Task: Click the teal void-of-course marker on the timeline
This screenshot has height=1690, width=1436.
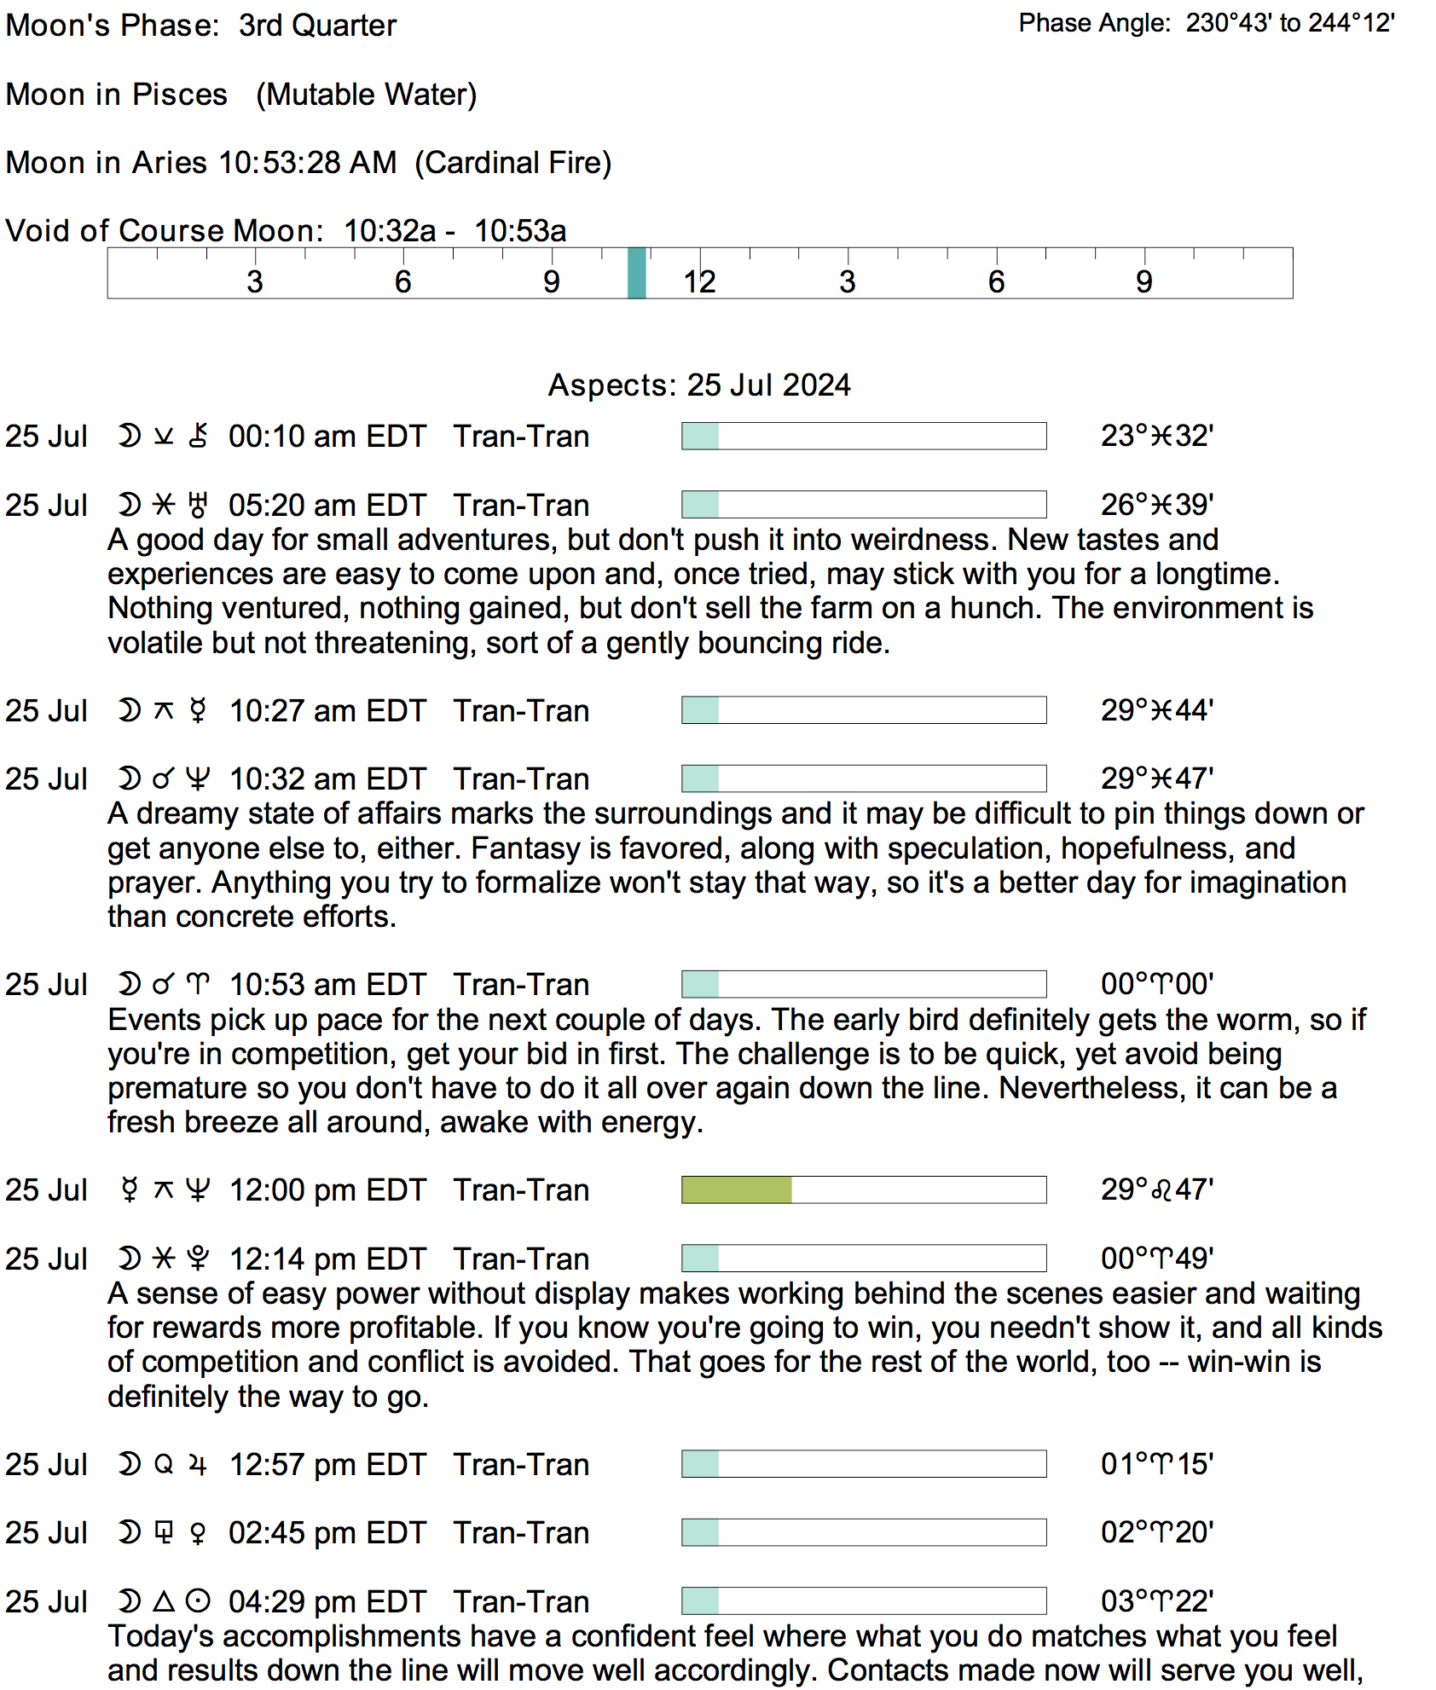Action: pos(636,273)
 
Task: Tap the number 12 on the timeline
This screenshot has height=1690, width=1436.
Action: pos(699,282)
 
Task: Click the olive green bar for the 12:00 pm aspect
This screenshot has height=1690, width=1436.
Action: pos(737,1189)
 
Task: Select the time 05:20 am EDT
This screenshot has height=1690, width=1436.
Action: pos(327,505)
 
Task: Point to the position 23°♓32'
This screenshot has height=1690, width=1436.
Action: pos(1157,436)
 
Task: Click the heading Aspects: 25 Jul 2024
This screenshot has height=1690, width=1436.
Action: pos(699,385)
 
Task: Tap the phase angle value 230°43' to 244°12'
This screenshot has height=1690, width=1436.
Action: pos(1290,23)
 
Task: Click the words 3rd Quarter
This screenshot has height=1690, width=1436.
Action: pos(318,26)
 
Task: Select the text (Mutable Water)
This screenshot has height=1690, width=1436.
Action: pos(367,95)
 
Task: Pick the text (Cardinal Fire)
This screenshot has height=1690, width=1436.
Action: pos(513,163)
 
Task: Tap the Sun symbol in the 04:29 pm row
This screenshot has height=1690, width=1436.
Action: pos(198,1601)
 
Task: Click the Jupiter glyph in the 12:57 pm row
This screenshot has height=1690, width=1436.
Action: pos(198,1464)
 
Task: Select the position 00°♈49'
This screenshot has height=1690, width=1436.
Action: pos(1157,1259)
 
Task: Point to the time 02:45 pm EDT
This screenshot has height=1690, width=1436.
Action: pos(327,1533)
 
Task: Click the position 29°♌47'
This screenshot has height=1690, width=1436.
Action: pos(1157,1189)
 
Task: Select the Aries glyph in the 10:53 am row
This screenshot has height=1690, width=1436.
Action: pos(198,985)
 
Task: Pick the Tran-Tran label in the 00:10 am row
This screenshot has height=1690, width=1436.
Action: pos(521,436)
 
